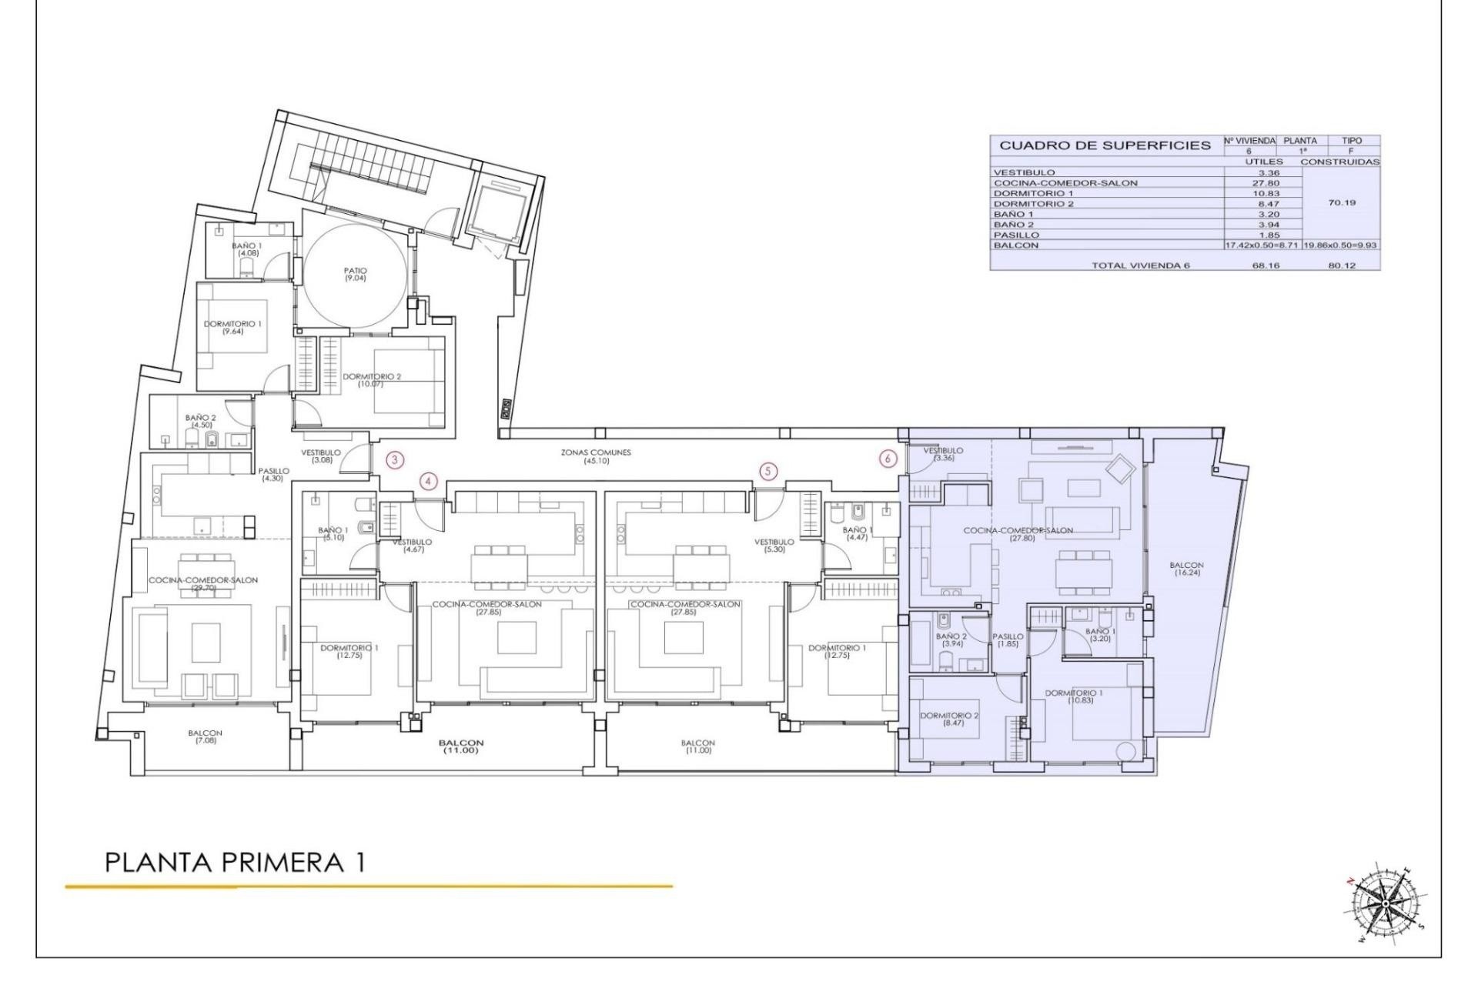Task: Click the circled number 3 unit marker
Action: pyautogui.click(x=395, y=461)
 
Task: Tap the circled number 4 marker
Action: pyautogui.click(x=429, y=482)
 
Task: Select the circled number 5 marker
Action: pyautogui.click(x=767, y=471)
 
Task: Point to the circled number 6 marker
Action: pyautogui.click(x=888, y=459)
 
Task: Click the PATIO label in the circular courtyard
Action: pyautogui.click(x=356, y=274)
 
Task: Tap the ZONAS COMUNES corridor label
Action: pyautogui.click(x=596, y=456)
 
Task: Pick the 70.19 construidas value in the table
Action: pyautogui.click(x=1342, y=203)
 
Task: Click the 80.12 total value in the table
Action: pyautogui.click(x=1342, y=265)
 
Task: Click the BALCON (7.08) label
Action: pyautogui.click(x=205, y=736)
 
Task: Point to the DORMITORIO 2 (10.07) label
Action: pyautogui.click(x=372, y=379)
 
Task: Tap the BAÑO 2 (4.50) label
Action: pyautogui.click(x=201, y=420)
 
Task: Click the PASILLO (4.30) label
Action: pyautogui.click(x=273, y=474)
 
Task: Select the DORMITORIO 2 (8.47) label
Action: pyautogui.click(x=949, y=719)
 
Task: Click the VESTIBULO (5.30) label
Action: pyautogui.click(x=774, y=546)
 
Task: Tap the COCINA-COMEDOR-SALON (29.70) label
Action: pyautogui.click(x=203, y=583)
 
